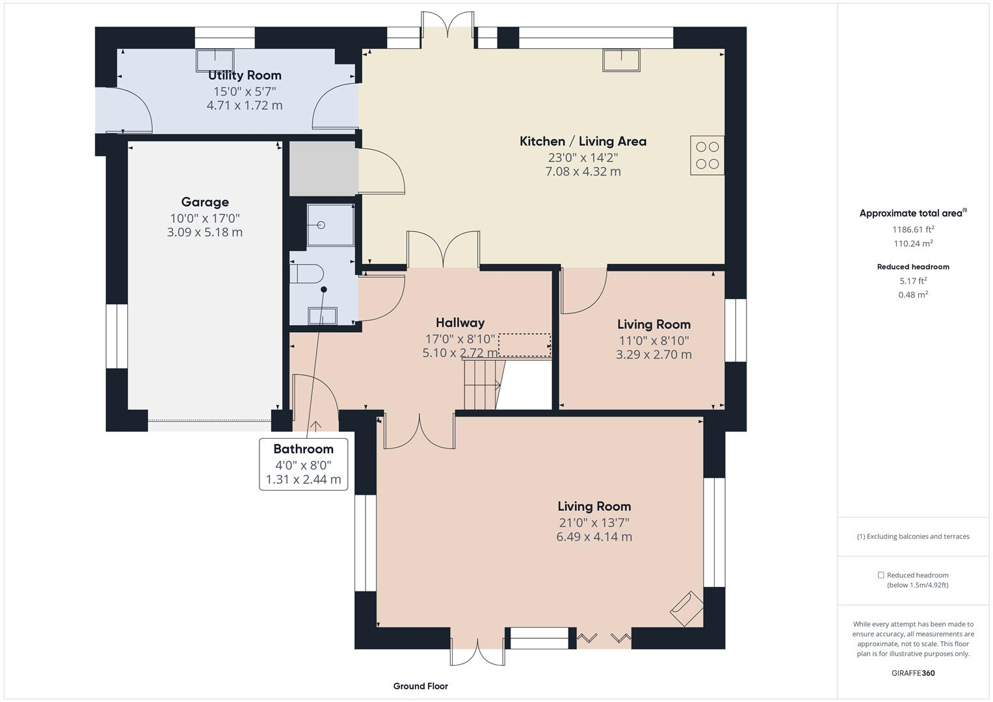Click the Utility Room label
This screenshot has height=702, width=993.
tap(245, 75)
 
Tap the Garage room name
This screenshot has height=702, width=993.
tap(205, 202)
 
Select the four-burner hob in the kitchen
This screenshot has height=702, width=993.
tap(707, 155)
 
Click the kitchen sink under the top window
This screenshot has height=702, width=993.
tap(621, 60)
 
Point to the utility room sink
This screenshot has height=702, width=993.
tap(215, 60)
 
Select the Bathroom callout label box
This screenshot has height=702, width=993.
tap(303, 464)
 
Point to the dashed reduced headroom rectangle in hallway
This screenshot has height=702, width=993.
tap(524, 345)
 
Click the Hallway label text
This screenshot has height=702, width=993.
tap(460, 323)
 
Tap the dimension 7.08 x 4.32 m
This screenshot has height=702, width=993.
tap(583, 172)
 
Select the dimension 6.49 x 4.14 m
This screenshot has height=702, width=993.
tap(594, 537)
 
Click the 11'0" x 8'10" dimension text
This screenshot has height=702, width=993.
tap(654, 341)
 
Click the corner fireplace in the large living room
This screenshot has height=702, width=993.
tap(687, 608)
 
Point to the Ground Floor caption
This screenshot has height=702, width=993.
tap(420, 686)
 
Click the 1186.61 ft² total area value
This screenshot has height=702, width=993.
tap(913, 229)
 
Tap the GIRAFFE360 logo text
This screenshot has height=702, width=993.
tap(913, 673)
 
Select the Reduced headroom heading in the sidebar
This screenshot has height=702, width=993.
tap(913, 266)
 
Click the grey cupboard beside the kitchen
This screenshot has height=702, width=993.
tap(323, 168)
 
